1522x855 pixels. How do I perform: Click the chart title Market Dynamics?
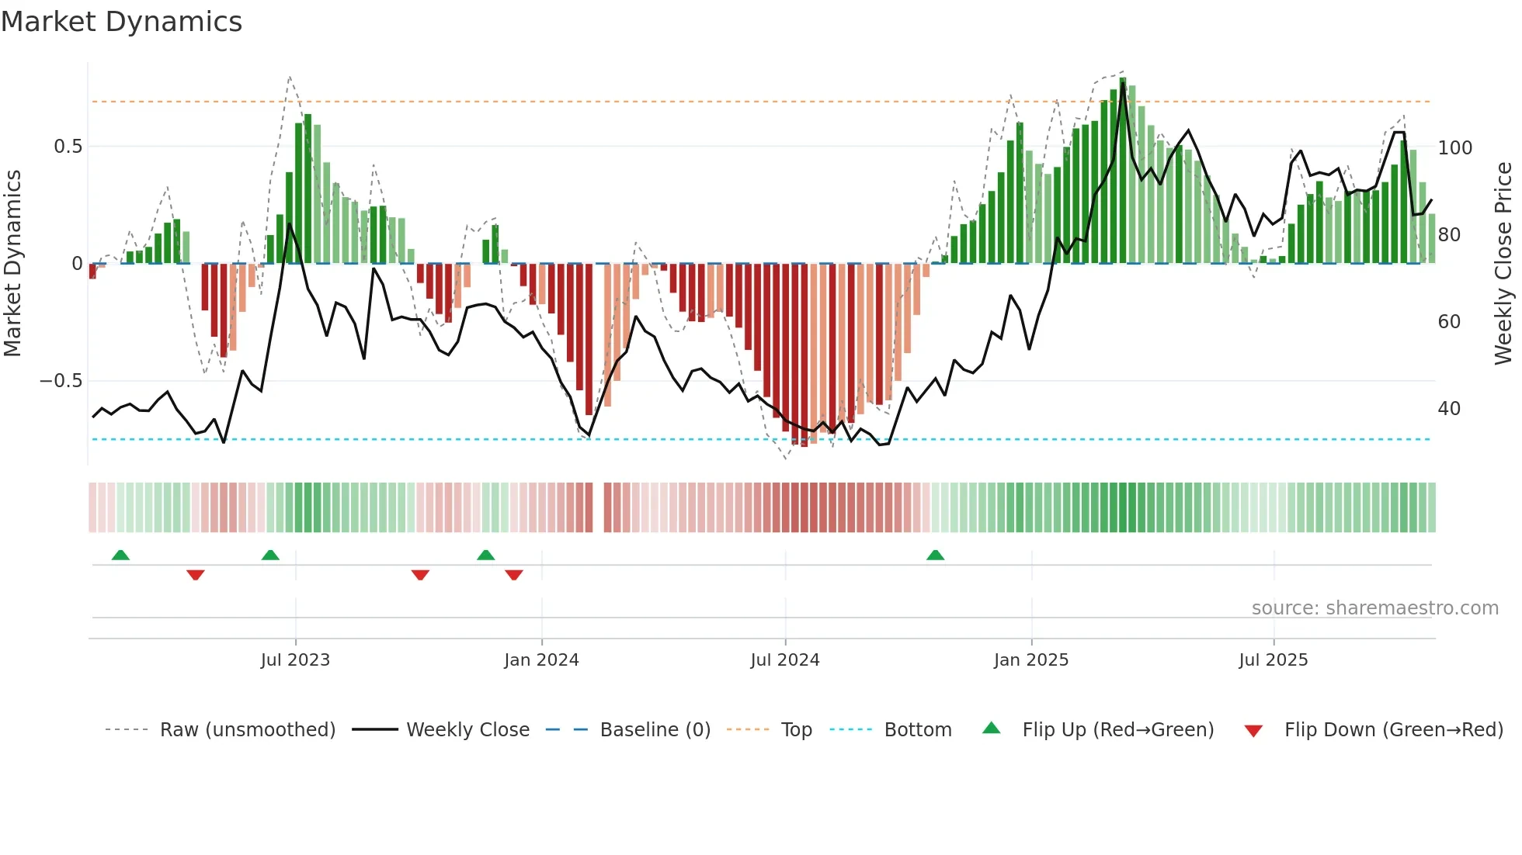coord(121,22)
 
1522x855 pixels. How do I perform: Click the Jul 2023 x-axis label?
coord(295,660)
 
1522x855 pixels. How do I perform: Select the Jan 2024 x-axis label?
coord(541,660)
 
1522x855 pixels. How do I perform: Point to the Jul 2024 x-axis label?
coord(785,660)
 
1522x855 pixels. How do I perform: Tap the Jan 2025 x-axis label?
coord(1031,660)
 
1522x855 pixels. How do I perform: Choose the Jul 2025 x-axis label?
coord(1274,660)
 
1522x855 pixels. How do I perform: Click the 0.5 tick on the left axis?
coord(68,147)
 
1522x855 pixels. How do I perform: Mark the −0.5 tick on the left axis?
coord(61,381)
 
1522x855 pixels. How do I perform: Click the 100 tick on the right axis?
coord(1455,148)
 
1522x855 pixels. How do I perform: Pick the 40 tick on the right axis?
coord(1449,409)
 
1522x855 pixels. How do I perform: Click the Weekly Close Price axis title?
coord(1503,264)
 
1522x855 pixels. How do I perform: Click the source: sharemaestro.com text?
coord(1374,608)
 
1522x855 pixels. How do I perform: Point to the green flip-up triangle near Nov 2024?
coord(935,556)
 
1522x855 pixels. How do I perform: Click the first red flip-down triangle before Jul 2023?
coord(196,575)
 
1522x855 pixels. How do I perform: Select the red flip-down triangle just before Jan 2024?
coord(514,575)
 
